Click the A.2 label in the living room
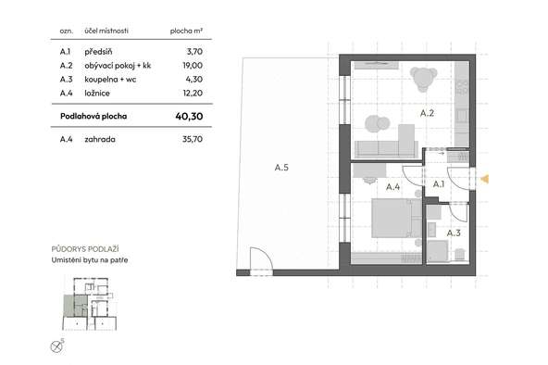tap(427, 113)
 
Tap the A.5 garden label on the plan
tap(281, 168)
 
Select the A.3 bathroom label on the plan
tap(454, 233)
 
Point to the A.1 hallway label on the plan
tap(439, 184)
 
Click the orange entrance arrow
tap(485, 179)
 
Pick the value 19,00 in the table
tap(193, 66)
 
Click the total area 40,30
tap(189, 116)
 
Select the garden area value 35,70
tap(193, 139)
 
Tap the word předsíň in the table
tap(98, 52)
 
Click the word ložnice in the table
tap(97, 93)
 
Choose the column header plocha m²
tap(186, 31)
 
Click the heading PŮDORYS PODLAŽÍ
tap(85, 249)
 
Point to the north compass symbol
tap(56, 346)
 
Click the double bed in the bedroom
tap(397, 218)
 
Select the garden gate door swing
tap(261, 258)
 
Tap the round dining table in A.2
tap(423, 79)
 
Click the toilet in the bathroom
tap(460, 254)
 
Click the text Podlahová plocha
tap(93, 116)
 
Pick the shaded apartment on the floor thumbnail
tap(76, 306)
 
